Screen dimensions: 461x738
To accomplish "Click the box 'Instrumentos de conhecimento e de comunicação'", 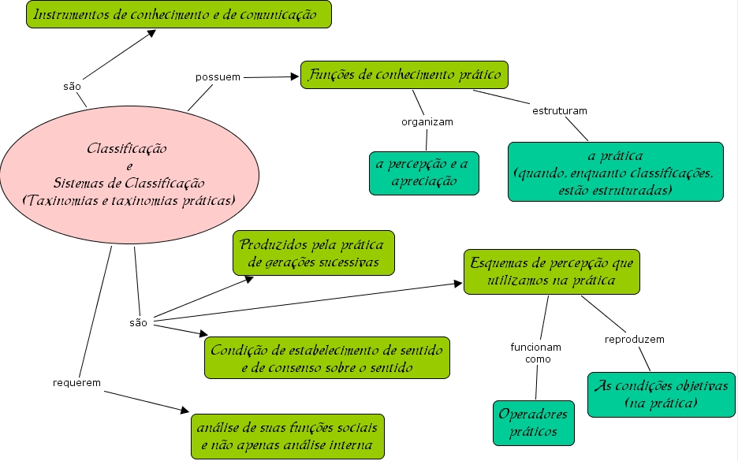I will tap(179, 14).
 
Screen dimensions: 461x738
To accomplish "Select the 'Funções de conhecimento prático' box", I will tap(404, 75).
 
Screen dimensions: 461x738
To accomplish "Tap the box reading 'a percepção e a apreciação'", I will tap(423, 173).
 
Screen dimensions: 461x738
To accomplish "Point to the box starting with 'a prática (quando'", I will tap(615, 172).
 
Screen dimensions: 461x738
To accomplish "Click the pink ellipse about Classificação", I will tap(130, 174).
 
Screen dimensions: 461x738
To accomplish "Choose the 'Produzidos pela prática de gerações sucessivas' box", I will tap(313, 253).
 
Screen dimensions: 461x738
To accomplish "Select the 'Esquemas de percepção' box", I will tap(551, 271).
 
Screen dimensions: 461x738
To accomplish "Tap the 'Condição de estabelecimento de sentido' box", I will tap(327, 358).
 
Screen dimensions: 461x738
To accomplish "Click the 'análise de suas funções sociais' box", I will tap(288, 436).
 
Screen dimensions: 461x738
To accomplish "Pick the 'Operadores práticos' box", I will tap(533, 422).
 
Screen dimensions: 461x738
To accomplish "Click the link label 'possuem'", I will tap(218, 77).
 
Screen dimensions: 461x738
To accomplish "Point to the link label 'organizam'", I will tap(427, 122).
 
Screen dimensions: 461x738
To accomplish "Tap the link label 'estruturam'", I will tap(560, 110).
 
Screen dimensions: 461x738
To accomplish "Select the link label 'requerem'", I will tap(76, 382).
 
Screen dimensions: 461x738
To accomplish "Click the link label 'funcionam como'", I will tap(536, 352).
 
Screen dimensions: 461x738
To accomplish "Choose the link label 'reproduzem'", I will tap(634, 340).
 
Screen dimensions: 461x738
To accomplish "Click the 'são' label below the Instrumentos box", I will tap(72, 86).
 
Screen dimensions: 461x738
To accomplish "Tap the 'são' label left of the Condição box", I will tap(138, 322).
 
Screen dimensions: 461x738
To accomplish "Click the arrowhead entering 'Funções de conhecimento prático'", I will tap(297, 76).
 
